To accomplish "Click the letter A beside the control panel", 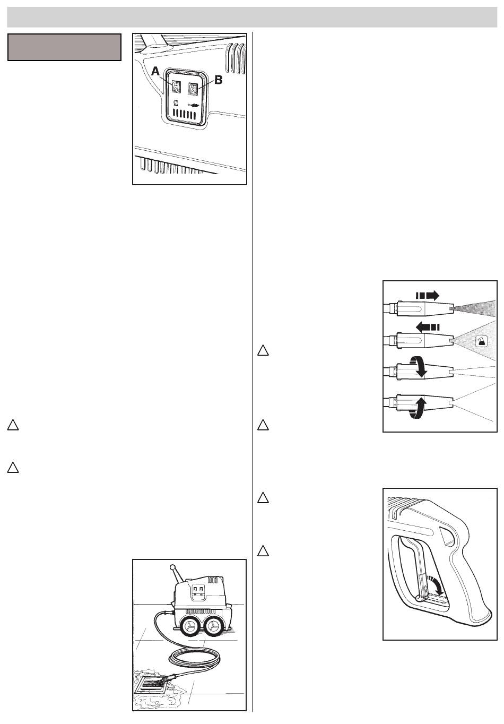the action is click(x=156, y=71).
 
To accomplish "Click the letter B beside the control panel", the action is click(x=219, y=81).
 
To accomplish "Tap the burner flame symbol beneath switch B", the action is click(x=195, y=105).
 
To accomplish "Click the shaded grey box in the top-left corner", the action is click(x=64, y=47).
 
